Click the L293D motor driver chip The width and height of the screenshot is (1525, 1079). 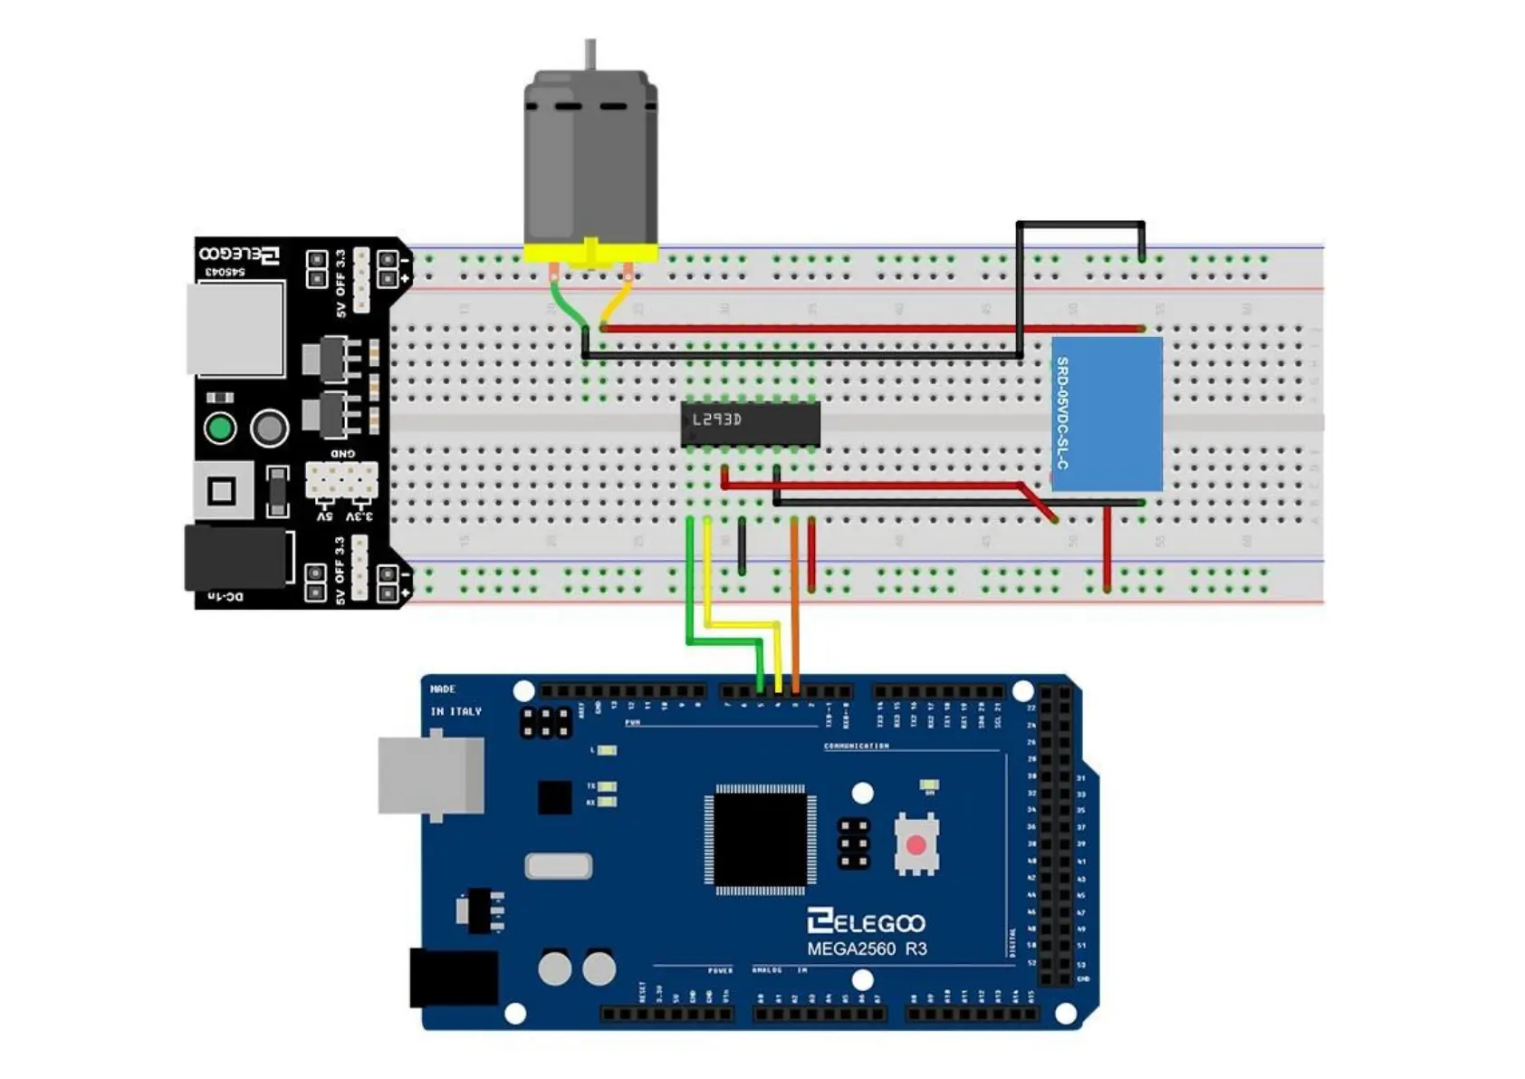pyautogui.click(x=750, y=424)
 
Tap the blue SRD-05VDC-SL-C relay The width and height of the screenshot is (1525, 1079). pyautogui.click(x=1107, y=413)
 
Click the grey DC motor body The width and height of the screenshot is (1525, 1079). pyautogui.click(x=590, y=159)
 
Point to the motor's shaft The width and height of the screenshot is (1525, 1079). pyautogui.click(x=590, y=54)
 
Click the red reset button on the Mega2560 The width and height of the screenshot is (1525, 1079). pyautogui.click(x=916, y=845)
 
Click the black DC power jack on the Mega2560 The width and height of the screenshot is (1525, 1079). pyautogui.click(x=454, y=978)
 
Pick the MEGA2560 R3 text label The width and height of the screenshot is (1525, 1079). pyautogui.click(x=866, y=949)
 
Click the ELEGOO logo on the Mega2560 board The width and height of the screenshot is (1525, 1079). pyautogui.click(x=866, y=922)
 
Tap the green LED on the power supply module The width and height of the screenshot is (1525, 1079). pyautogui.click(x=220, y=428)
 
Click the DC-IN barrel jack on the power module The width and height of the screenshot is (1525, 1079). pyautogui.click(x=237, y=556)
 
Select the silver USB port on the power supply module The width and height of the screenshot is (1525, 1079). pyautogui.click(x=235, y=329)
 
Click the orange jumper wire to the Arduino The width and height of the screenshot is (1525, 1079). pyautogui.click(x=794, y=598)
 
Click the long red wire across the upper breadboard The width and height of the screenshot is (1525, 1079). pyautogui.click(x=869, y=329)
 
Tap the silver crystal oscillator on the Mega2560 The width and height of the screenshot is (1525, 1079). pyautogui.click(x=559, y=867)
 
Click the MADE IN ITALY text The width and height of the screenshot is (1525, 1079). pyautogui.click(x=456, y=700)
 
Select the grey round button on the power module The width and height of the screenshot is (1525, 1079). pyautogui.click(x=269, y=429)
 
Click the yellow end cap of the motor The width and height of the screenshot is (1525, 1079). pyautogui.click(x=590, y=254)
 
